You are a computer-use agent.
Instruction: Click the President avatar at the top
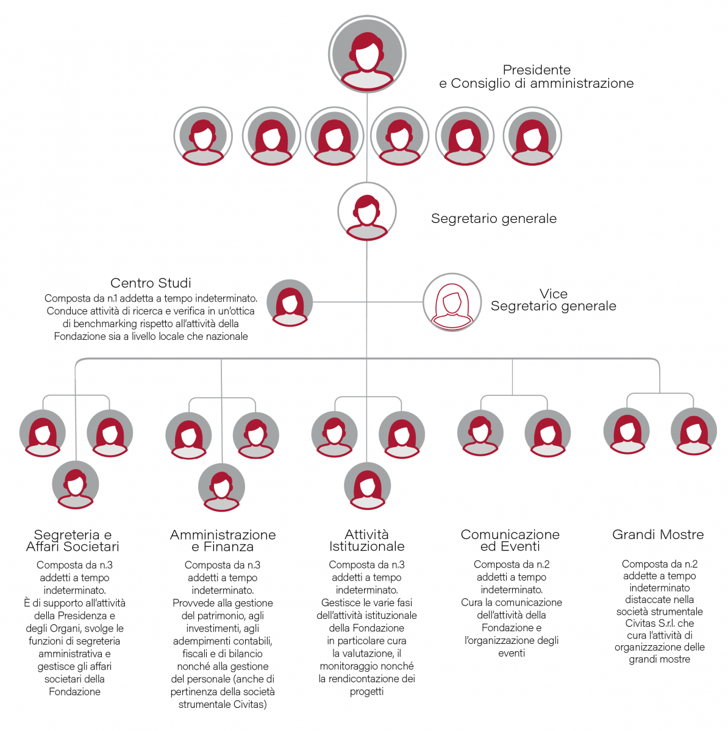tap(367, 54)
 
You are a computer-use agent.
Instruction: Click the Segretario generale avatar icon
tap(367, 211)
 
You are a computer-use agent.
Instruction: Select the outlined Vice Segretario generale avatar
tap(452, 302)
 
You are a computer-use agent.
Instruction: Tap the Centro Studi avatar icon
tap(290, 303)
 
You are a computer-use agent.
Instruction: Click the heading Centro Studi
tap(151, 283)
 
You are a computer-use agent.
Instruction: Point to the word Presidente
tap(537, 70)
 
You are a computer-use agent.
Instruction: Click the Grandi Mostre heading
tap(658, 534)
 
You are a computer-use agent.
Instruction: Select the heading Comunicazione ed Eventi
tap(510, 540)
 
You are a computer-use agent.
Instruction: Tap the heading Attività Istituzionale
tap(367, 540)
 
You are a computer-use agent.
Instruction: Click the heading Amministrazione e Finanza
tap(223, 540)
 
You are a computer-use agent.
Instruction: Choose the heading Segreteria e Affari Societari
tap(73, 540)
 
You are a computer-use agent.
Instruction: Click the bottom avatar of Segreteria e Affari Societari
tap(76, 484)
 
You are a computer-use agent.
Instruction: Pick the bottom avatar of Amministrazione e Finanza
tap(222, 487)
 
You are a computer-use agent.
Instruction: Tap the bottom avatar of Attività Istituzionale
tap(367, 486)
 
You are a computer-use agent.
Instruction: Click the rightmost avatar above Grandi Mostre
tap(694, 431)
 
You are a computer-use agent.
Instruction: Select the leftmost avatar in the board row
tap(203, 136)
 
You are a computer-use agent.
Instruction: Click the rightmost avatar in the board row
tap(532, 136)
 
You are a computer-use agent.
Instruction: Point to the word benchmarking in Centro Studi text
tap(105, 324)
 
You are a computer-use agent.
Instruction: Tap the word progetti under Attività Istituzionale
tap(366, 691)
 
